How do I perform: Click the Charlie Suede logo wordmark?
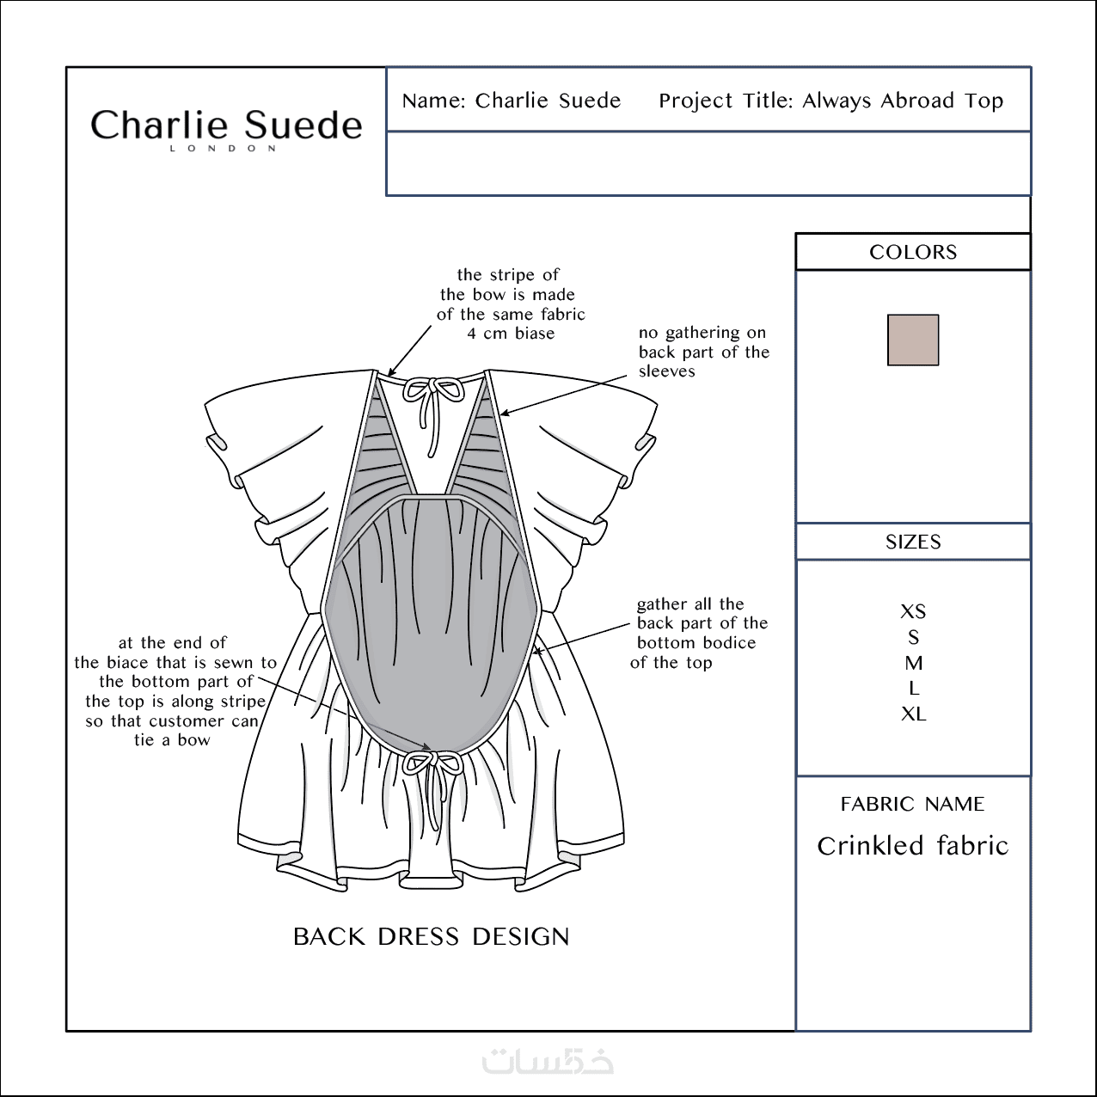(226, 125)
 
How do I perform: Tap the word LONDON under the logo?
(224, 149)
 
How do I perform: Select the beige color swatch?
(912, 340)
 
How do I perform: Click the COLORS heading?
(912, 252)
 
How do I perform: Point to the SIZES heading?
(912, 542)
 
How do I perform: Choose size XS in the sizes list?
(912, 611)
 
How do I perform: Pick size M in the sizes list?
(913, 663)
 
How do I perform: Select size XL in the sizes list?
(913, 714)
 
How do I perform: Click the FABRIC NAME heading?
(912, 804)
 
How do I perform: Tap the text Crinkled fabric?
(912, 845)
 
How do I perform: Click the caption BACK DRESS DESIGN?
(431, 936)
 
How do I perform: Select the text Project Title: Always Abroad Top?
(830, 101)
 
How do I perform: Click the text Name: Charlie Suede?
(511, 101)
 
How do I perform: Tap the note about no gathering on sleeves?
(703, 352)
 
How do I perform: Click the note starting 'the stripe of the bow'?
(511, 304)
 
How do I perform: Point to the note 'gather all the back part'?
(699, 633)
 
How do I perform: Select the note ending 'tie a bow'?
(175, 691)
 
